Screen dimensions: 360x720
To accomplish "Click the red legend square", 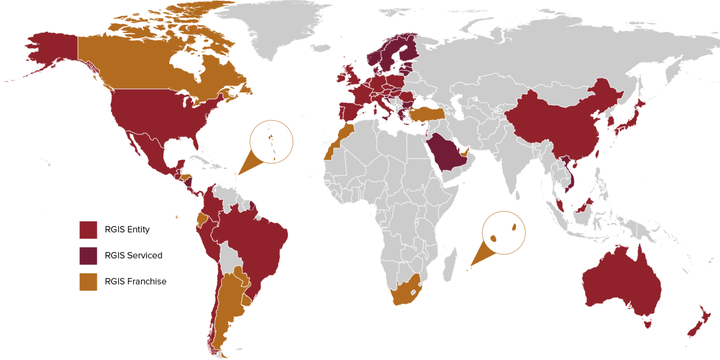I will coord(88,230).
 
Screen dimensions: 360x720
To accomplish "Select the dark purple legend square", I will coord(88,256).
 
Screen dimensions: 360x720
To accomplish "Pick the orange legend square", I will coord(88,282).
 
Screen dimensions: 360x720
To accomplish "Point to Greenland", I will coord(269,24).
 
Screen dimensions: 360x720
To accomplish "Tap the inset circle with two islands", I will coord(504,232).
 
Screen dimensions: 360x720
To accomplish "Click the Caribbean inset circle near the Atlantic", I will coord(271,142).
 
